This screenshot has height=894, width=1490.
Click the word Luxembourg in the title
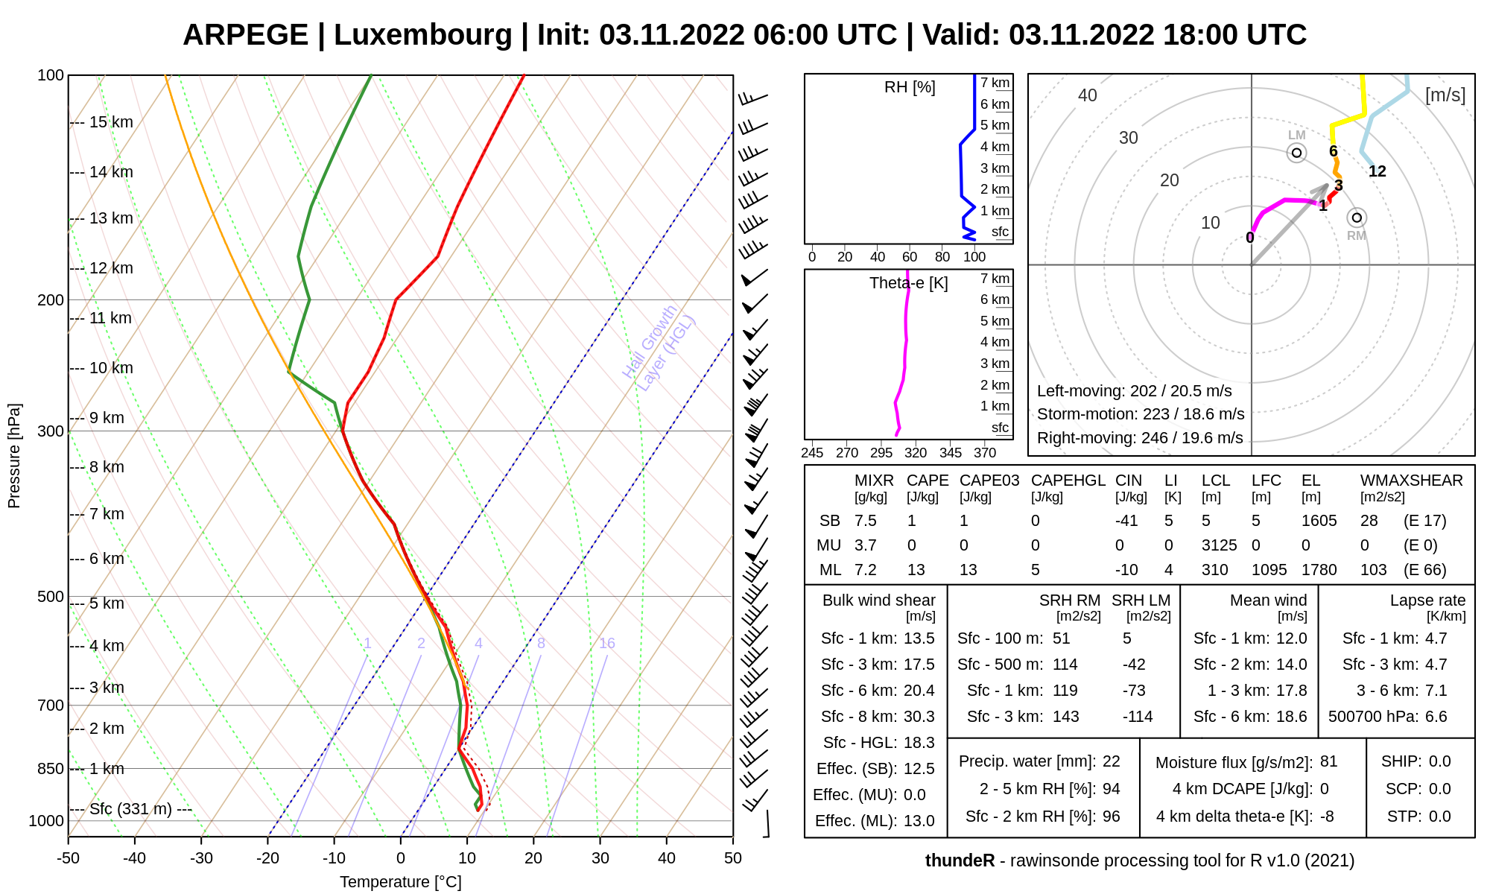coord(422,35)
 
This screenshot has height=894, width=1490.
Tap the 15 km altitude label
coord(111,122)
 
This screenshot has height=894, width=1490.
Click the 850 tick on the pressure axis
coord(51,769)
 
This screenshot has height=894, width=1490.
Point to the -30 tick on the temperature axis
coord(201,858)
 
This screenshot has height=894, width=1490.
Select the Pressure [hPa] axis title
coord(14,456)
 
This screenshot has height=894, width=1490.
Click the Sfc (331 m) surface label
coord(130,809)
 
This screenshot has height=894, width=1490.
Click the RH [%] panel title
coord(910,87)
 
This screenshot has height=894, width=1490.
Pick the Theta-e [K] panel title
coord(908,283)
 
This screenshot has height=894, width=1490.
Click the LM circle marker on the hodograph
coord(1297,153)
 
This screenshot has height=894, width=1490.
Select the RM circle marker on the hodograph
coord(1357,218)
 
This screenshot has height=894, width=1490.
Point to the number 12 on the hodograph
coord(1378,171)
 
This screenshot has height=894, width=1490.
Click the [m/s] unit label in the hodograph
coord(1445,95)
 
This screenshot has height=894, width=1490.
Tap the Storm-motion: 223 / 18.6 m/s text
coord(1141,414)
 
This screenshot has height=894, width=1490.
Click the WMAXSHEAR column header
coord(1411,481)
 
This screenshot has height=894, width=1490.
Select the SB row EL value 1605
coord(1319,521)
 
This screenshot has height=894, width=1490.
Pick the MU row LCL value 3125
coord(1219,545)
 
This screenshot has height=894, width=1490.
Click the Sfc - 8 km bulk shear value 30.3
coord(919,717)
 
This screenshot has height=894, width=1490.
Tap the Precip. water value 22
coord(1111,761)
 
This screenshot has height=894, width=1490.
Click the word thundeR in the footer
coord(960,860)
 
